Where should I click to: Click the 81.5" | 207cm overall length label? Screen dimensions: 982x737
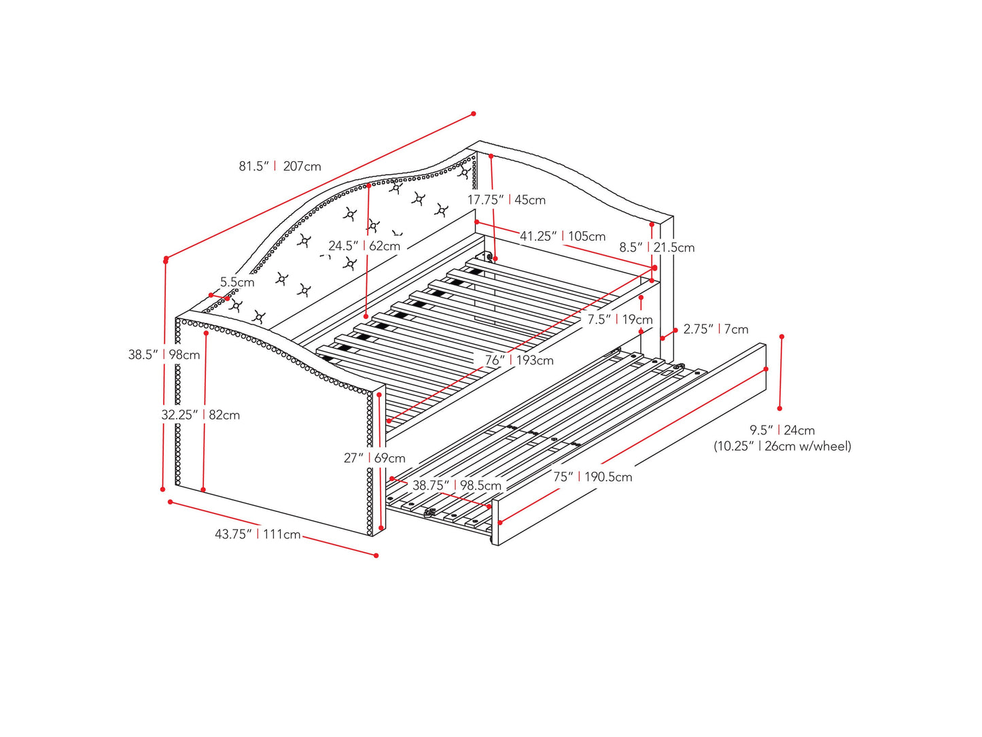(x=279, y=167)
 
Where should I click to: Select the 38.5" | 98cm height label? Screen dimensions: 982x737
(x=164, y=354)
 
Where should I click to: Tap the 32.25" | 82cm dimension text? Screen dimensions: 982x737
(x=200, y=415)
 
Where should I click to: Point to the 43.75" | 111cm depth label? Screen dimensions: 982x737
(x=258, y=534)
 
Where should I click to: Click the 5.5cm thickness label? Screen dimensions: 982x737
(x=237, y=282)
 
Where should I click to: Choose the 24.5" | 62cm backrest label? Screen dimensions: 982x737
(x=364, y=245)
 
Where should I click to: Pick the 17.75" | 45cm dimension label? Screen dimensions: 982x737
(x=506, y=200)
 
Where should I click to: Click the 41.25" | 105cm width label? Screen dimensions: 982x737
(x=563, y=237)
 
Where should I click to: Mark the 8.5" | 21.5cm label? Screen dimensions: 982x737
(x=656, y=247)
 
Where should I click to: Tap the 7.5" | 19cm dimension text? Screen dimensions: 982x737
(x=620, y=320)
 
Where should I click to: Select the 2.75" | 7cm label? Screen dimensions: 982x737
(x=716, y=329)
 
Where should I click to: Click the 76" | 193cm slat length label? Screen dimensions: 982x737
(x=519, y=360)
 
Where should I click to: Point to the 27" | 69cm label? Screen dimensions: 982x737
(x=374, y=458)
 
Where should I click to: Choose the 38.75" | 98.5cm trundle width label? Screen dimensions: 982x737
(x=457, y=485)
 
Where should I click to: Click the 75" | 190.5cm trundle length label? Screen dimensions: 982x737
(x=593, y=477)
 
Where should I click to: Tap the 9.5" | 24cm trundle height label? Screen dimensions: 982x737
(x=782, y=430)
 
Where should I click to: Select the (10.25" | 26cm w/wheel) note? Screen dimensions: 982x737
(x=782, y=446)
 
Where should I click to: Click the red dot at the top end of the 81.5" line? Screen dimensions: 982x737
(x=473, y=114)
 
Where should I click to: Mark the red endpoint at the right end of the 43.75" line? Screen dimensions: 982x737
(x=376, y=555)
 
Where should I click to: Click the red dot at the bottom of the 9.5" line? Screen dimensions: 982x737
(x=779, y=409)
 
